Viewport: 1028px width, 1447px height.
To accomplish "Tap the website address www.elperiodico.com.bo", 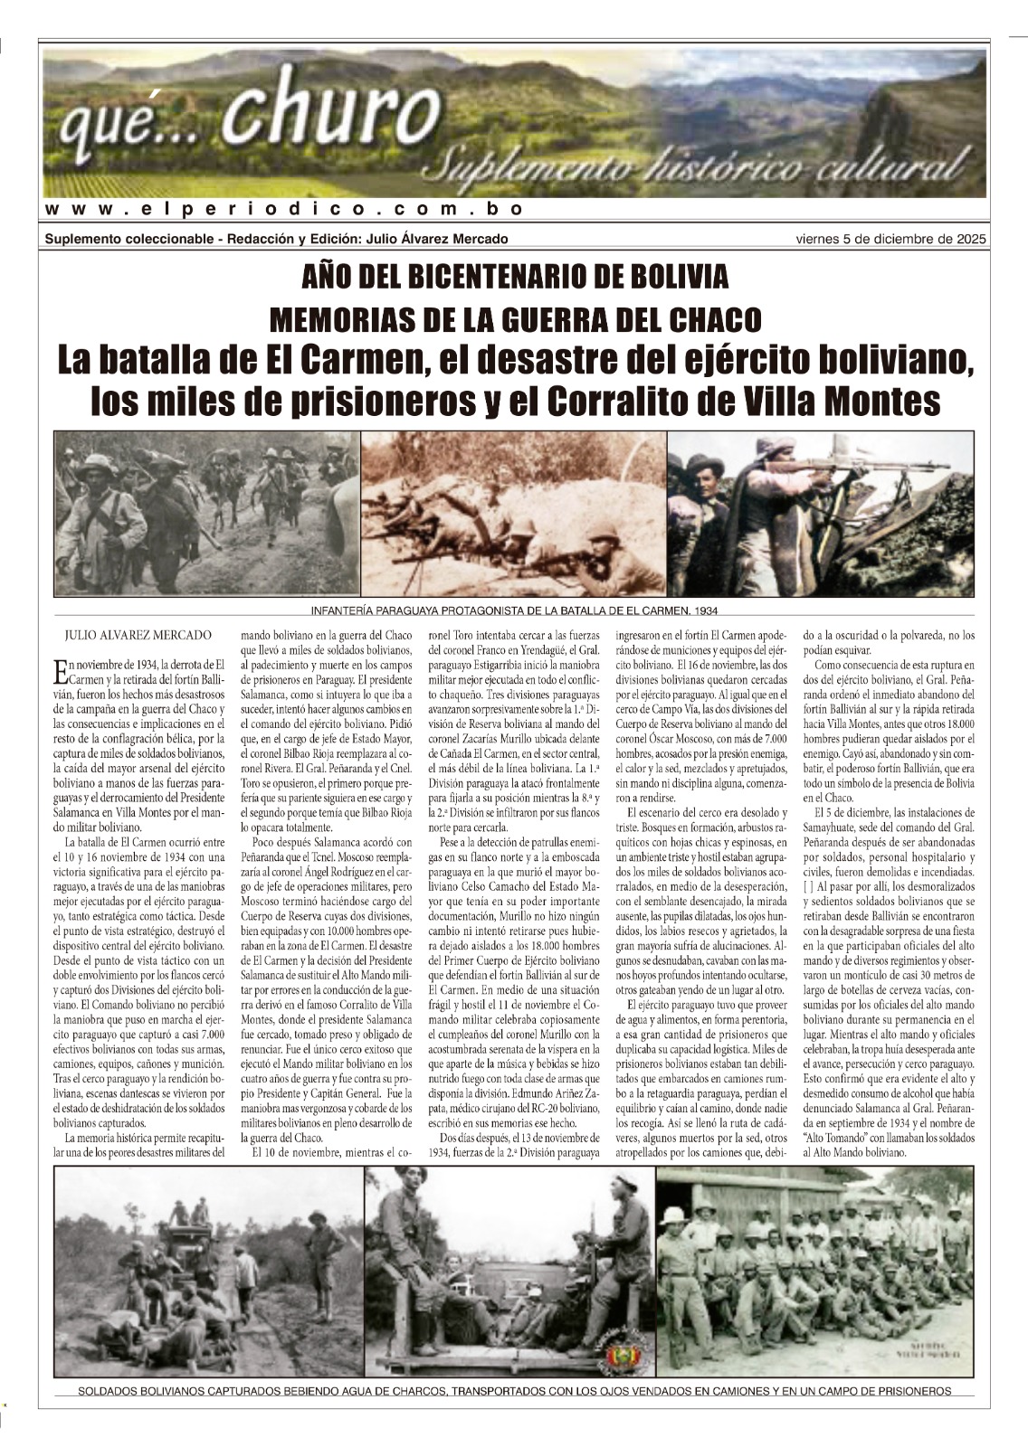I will pos(284,209).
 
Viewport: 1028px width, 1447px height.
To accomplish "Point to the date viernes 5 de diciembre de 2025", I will pos(890,239).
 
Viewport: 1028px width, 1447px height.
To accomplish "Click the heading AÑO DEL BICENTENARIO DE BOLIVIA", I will pos(514,276).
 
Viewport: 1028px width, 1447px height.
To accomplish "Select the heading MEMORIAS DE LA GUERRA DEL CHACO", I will pos(514,318).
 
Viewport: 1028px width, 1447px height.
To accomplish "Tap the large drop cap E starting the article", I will pos(61,670).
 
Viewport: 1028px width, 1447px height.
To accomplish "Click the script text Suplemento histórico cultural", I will pos(697,166).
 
